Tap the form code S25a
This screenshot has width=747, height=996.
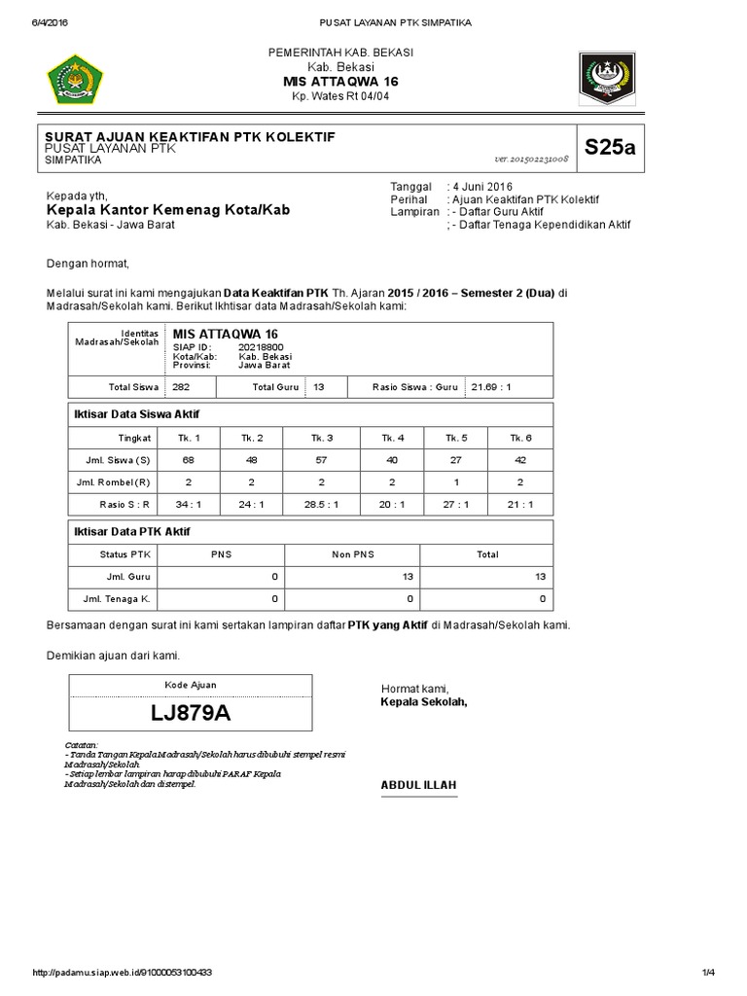[x=609, y=148]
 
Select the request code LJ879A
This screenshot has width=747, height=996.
[x=191, y=713]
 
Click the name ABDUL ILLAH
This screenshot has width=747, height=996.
[x=417, y=785]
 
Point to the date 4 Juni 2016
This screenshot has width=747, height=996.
[x=481, y=186]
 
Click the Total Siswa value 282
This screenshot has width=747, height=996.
[x=181, y=386]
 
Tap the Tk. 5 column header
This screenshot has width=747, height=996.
[x=453, y=437]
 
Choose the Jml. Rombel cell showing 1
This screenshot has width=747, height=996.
[x=453, y=481]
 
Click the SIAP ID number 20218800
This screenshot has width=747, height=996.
[x=261, y=346]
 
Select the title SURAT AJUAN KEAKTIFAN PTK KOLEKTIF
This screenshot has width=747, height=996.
[x=191, y=137]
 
